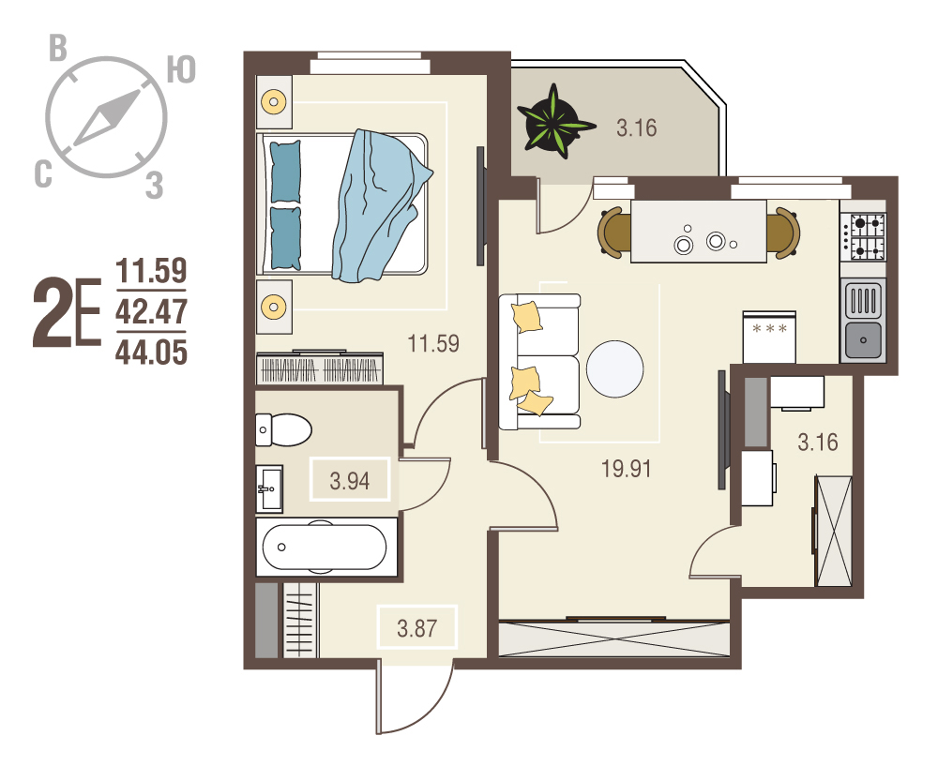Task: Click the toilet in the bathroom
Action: coord(283,429)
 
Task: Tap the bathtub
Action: coord(325,548)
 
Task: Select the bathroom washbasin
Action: coord(269,489)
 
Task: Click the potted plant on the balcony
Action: coord(554,123)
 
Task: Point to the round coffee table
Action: coord(615,369)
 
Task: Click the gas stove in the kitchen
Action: coord(863,237)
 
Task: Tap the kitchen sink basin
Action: coord(863,339)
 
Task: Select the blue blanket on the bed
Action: coord(380,206)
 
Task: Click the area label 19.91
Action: coord(626,469)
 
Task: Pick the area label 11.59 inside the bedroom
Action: coord(433,344)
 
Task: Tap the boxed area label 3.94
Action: coord(350,480)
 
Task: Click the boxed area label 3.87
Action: coord(417,628)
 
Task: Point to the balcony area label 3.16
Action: coord(637,128)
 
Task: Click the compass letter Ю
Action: coord(181,70)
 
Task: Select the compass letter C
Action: coord(44,174)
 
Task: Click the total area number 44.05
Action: coord(151,353)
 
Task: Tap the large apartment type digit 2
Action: coord(52,311)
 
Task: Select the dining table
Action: coord(699,232)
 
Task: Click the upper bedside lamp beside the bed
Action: coord(274,101)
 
